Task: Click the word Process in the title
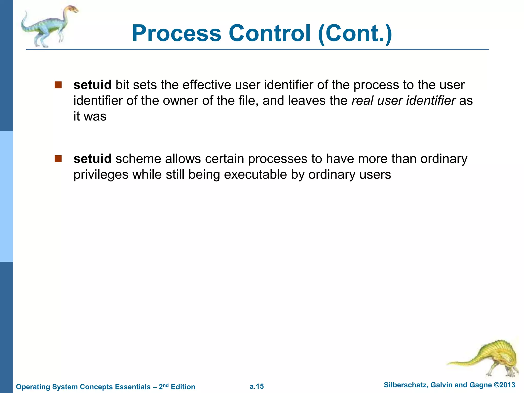tap(177, 33)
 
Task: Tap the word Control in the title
tap(269, 33)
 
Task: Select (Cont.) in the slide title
tap(355, 33)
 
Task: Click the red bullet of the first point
tap(58, 85)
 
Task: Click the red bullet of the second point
tap(58, 159)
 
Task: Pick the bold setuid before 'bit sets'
tap(92, 85)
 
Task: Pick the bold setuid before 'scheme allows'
tap(92, 159)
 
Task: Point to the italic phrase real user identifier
tap(403, 101)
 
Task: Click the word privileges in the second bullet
tap(101, 175)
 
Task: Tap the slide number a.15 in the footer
tap(257, 386)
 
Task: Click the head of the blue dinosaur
tap(73, 10)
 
